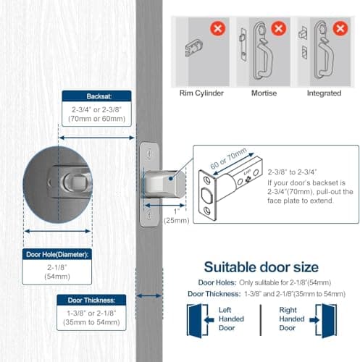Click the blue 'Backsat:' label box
click(x=96, y=96)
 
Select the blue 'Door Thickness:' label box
click(x=91, y=299)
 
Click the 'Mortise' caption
click(x=263, y=93)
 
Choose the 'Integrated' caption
click(x=324, y=93)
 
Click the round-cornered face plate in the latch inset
click(x=207, y=194)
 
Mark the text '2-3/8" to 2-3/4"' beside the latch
click(x=293, y=172)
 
